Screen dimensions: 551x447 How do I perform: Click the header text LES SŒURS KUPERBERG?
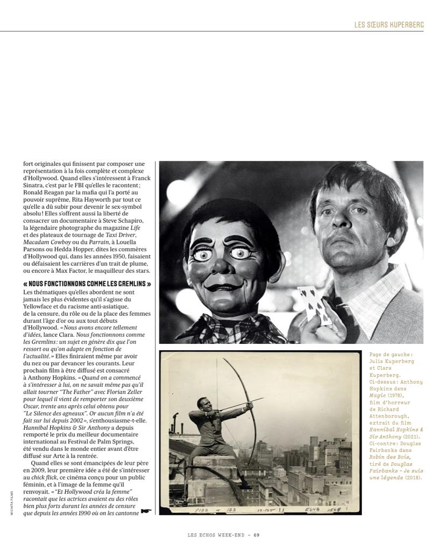tap(389, 25)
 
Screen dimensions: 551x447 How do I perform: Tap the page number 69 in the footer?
tap(257, 535)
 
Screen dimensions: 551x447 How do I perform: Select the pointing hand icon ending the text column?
tap(146, 511)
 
